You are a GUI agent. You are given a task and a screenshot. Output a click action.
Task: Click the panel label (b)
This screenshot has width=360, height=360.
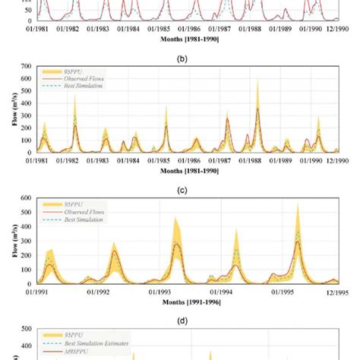coord(180,55)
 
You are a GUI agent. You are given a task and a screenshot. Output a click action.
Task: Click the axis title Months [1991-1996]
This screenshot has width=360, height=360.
coord(180,302)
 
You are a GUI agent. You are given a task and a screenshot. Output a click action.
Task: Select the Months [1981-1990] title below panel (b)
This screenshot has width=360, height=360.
coord(180,169)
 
